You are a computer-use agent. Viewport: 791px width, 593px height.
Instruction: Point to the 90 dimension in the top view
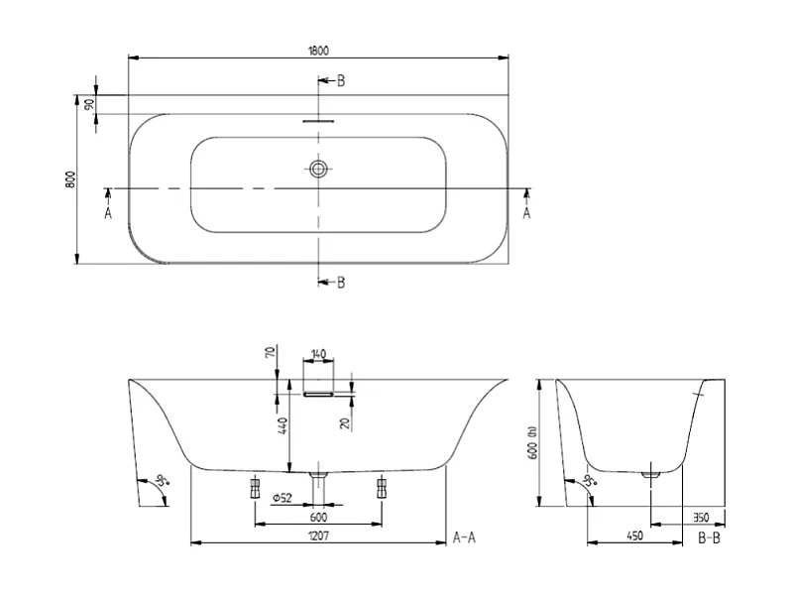[x=89, y=104]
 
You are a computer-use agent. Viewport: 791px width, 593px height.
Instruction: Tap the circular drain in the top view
[x=318, y=170]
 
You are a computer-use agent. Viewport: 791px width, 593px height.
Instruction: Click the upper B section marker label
[x=340, y=80]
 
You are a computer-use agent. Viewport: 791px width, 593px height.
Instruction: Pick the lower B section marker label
[x=340, y=283]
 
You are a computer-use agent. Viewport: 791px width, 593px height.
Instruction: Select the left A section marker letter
[x=108, y=212]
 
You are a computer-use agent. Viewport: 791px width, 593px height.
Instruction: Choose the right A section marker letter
[x=526, y=212]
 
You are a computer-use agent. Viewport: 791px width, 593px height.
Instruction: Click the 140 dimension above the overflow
[x=319, y=353]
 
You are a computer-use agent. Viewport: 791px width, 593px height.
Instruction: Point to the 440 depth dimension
[x=282, y=427]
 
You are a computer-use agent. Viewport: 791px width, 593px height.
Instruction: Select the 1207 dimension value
[x=317, y=536]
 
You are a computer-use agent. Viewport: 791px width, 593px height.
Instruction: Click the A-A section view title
[x=465, y=537]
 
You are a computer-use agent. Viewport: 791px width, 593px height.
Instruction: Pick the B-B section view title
[x=710, y=538]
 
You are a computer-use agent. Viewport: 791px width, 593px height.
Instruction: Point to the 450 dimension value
[x=635, y=536]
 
